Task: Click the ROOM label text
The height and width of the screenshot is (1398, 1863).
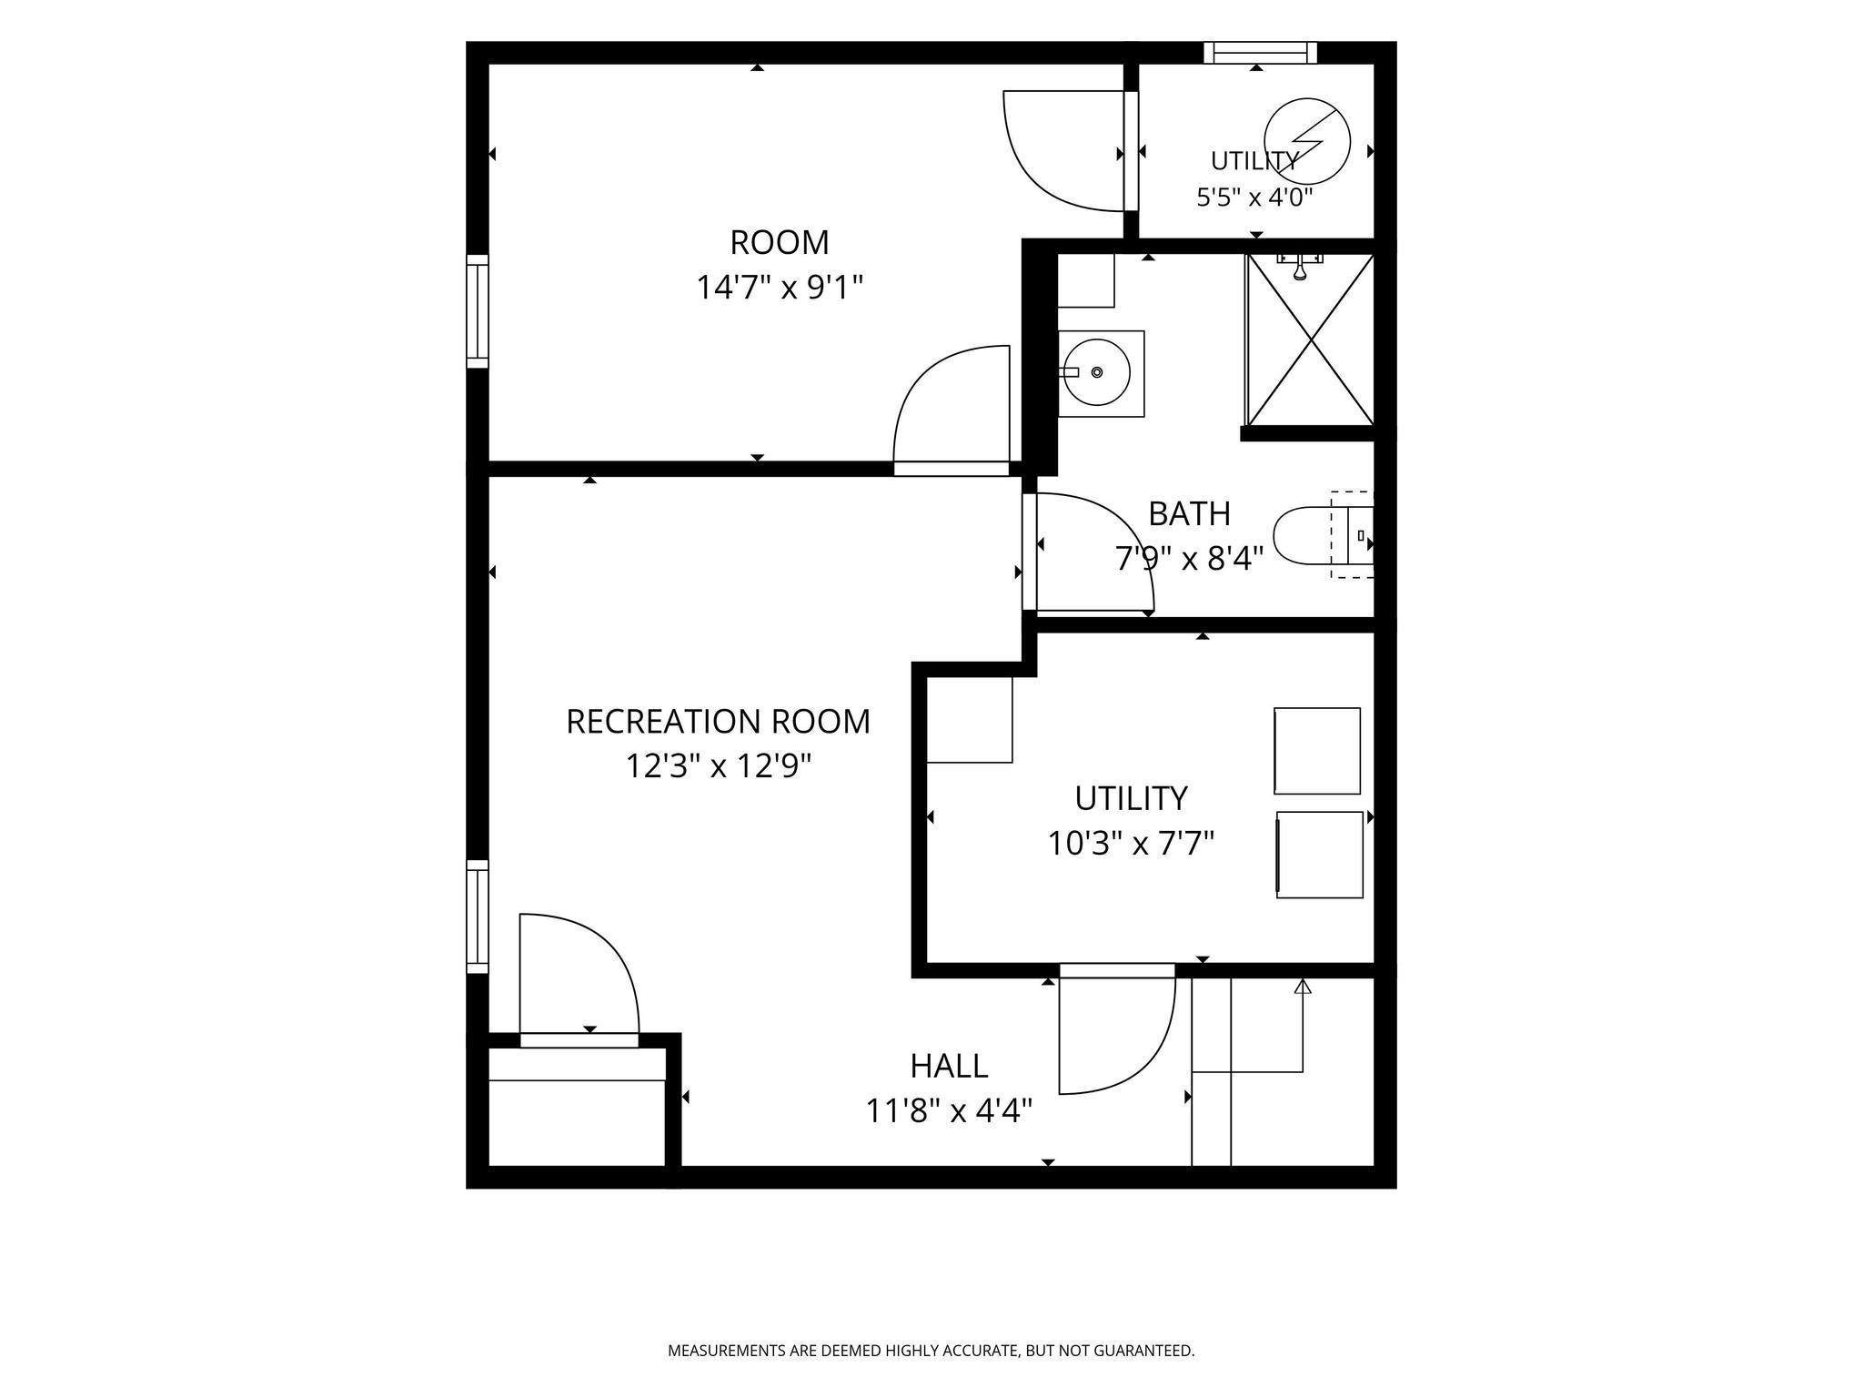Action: tap(780, 243)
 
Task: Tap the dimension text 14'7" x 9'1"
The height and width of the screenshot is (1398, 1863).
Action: tap(780, 288)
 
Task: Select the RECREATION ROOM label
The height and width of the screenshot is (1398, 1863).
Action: tap(718, 722)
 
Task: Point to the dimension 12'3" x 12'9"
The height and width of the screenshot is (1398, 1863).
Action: tap(718, 766)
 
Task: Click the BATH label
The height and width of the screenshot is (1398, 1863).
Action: tap(1189, 514)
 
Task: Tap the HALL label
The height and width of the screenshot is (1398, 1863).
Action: tap(949, 1066)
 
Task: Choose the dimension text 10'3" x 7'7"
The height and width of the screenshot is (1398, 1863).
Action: tap(1131, 844)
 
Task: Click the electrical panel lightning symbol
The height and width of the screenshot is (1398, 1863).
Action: tap(1307, 141)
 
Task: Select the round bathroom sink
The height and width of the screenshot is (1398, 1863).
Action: tap(1098, 372)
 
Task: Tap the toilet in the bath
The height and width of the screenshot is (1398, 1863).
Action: tap(1323, 535)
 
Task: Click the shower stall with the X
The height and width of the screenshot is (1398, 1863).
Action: tap(1309, 340)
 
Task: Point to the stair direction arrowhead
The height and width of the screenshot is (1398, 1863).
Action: tap(1303, 986)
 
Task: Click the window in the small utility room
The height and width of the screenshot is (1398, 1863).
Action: tap(1261, 53)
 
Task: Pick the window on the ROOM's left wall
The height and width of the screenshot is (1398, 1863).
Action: tap(478, 311)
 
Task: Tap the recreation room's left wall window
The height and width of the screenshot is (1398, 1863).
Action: tap(478, 917)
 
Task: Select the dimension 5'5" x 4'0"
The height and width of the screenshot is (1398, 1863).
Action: tap(1254, 198)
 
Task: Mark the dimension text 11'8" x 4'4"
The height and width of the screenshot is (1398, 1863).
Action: tap(949, 1111)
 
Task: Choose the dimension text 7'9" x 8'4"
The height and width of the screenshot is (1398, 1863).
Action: tap(1189, 558)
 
